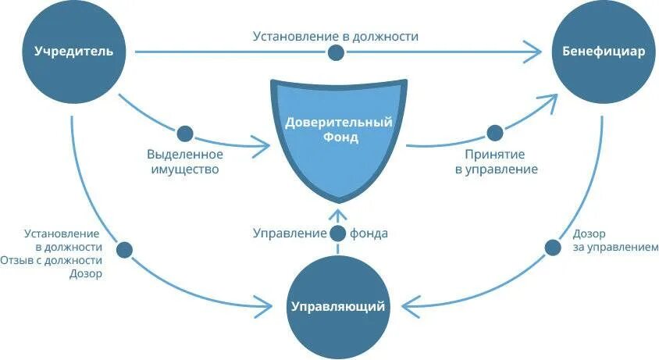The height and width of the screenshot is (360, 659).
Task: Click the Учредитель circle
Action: [x=73, y=52]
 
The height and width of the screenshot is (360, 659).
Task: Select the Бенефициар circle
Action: [x=603, y=52]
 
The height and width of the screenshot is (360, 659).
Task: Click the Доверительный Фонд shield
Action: [x=338, y=132]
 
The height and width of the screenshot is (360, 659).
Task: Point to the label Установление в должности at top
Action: [x=336, y=36]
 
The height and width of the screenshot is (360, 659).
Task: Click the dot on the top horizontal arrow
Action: [x=336, y=52]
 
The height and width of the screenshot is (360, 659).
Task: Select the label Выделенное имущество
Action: [x=183, y=162]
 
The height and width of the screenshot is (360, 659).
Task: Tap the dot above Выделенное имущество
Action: [x=184, y=133]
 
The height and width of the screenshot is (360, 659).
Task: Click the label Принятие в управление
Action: [x=495, y=162]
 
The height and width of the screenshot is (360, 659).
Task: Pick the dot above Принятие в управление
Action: [x=494, y=133]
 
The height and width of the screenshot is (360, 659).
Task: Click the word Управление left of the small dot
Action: [x=289, y=233]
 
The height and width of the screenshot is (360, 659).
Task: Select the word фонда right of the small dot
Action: [x=369, y=233]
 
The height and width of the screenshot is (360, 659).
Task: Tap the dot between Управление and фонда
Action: [x=337, y=233]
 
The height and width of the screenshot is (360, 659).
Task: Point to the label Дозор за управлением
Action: [x=615, y=241]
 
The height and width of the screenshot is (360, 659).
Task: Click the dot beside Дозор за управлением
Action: [x=553, y=247]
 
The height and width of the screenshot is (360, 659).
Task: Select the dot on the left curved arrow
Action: [x=123, y=250]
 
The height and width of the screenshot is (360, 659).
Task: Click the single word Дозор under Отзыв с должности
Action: [x=86, y=274]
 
